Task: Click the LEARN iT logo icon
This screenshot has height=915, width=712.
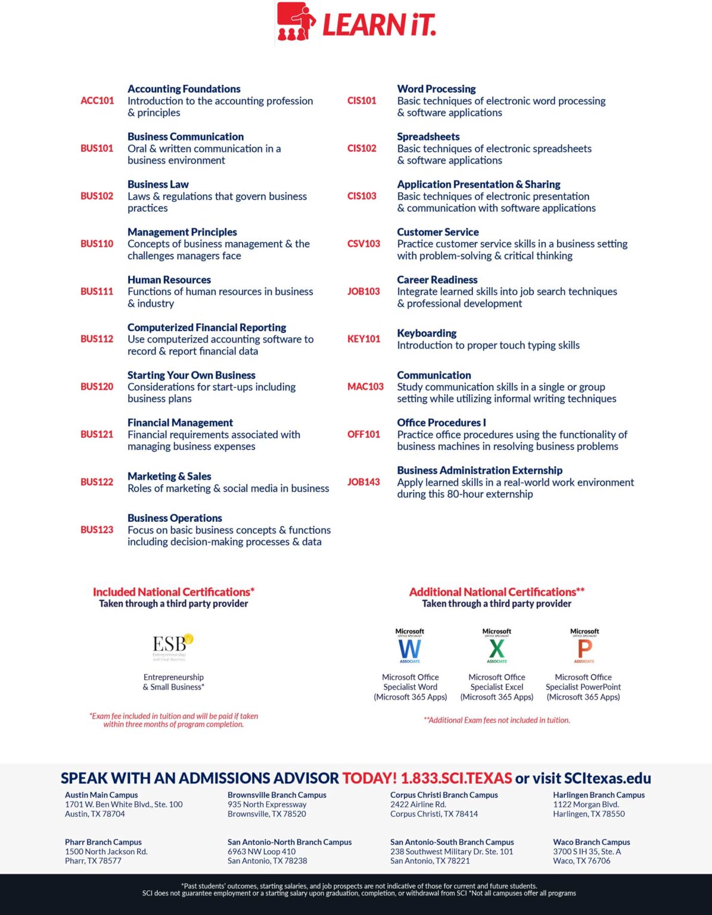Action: [296, 23]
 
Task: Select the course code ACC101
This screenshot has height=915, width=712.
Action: [97, 101]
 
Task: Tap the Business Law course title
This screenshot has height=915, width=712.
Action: [158, 184]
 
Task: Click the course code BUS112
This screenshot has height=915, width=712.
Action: [97, 339]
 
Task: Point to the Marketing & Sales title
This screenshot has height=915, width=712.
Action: [169, 476]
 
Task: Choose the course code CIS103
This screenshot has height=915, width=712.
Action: [362, 196]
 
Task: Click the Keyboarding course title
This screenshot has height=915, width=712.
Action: [427, 333]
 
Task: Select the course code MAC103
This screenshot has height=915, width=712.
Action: [365, 387]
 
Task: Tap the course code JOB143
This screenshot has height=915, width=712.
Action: [363, 482]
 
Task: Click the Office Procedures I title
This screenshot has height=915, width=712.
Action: [441, 422]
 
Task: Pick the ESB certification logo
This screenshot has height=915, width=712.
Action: [173, 647]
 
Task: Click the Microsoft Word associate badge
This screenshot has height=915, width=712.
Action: [410, 646]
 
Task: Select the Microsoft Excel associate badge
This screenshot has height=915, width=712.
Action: [497, 646]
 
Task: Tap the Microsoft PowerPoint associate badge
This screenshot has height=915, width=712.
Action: [584, 646]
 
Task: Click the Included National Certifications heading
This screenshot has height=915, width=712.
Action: [173, 592]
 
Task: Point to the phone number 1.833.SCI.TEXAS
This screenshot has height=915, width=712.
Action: [456, 778]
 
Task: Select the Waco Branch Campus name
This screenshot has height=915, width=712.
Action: [591, 842]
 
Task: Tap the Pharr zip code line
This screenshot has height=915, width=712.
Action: [93, 861]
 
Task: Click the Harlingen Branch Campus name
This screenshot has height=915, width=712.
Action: [599, 795]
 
